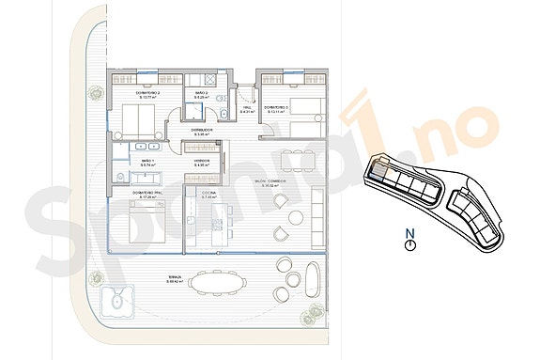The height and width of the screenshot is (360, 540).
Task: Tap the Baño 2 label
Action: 201,95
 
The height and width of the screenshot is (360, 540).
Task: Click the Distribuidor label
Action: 201,132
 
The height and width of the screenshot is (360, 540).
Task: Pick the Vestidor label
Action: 202,163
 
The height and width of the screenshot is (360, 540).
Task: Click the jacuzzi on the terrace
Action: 116,302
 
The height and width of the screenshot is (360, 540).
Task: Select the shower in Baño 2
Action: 225,114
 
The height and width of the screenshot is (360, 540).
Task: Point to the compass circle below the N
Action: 409,244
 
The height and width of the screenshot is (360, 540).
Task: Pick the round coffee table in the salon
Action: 295,219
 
